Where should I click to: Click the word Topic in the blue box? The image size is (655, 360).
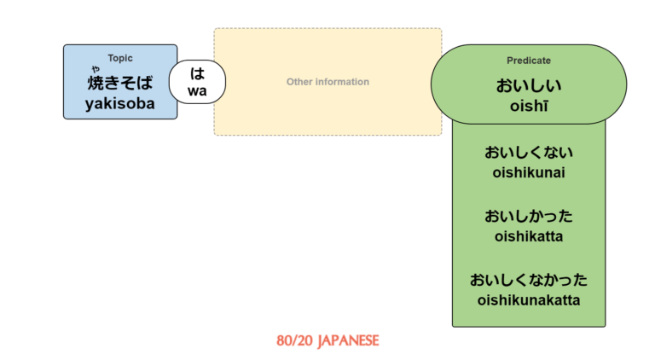120,58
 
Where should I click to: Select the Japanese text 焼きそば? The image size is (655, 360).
120,84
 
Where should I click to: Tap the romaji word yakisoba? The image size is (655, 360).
120,104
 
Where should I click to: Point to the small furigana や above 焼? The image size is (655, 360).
96,69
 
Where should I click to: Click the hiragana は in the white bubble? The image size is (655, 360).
198,73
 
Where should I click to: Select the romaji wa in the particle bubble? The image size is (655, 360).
198,90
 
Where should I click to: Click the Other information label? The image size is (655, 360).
327,82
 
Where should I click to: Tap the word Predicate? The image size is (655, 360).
529,61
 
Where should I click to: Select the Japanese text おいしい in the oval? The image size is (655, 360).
529,85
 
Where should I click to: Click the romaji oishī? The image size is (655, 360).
529,105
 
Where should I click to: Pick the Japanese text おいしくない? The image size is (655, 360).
529,154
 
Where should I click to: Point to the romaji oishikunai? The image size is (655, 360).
529,173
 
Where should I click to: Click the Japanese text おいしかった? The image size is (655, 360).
529,216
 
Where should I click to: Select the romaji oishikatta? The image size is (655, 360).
529,235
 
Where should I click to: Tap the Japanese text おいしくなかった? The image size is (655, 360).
529,280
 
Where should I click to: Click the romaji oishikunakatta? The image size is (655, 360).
529,299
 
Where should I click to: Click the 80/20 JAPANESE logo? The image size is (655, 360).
327,340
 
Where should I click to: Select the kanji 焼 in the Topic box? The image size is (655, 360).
96,84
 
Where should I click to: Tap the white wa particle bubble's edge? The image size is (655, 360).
170,82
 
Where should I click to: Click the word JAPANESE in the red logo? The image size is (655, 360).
348,340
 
